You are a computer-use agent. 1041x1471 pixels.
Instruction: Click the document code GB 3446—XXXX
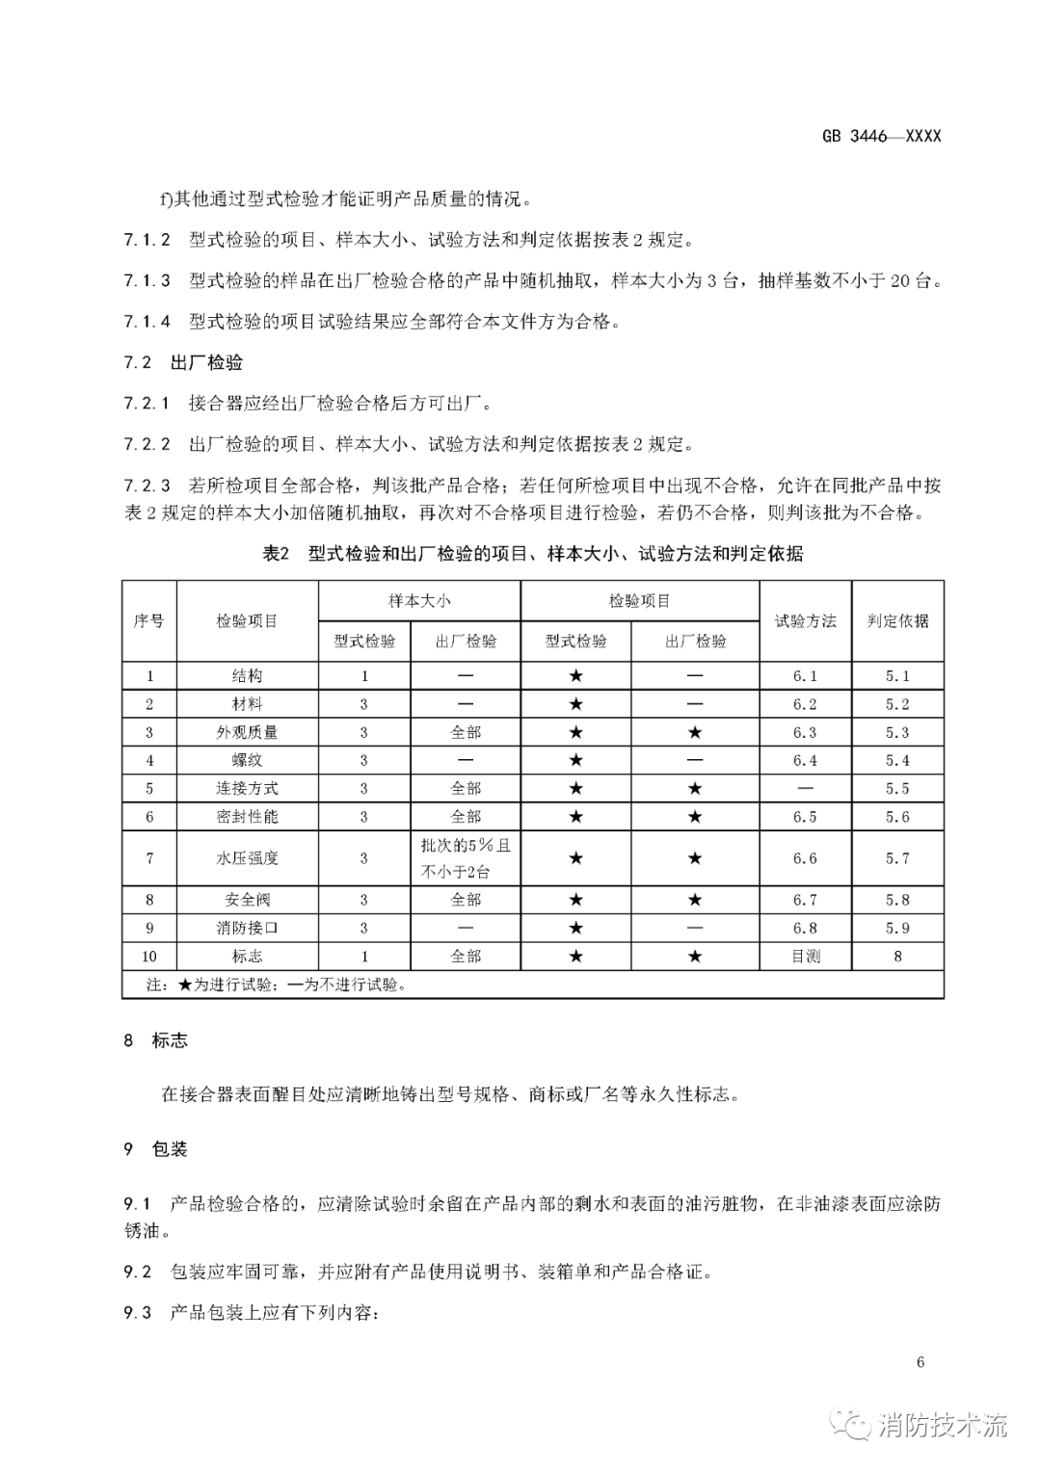881,136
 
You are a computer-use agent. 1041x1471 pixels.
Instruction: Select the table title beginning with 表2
532,553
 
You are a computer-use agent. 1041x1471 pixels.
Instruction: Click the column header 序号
148,620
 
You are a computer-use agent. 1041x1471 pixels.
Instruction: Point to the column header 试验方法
805,620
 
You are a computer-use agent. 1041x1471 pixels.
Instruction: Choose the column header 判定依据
897,620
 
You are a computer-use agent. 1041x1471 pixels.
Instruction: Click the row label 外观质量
247,732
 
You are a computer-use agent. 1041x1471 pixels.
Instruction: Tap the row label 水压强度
247,857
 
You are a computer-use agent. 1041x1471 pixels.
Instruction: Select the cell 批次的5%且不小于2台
466,858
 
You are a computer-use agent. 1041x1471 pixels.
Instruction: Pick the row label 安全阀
247,900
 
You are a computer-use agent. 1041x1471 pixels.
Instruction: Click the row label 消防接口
247,928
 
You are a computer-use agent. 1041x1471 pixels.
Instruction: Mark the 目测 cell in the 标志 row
805,957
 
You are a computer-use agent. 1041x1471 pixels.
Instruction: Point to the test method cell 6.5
805,817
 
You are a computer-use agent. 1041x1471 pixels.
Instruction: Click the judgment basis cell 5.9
897,928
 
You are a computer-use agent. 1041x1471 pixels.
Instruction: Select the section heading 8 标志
156,1040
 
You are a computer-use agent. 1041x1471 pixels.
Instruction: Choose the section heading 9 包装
156,1149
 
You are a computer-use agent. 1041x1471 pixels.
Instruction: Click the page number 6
921,1362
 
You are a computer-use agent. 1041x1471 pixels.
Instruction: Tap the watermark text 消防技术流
942,1425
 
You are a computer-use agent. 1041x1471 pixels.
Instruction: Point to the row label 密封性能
247,817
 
